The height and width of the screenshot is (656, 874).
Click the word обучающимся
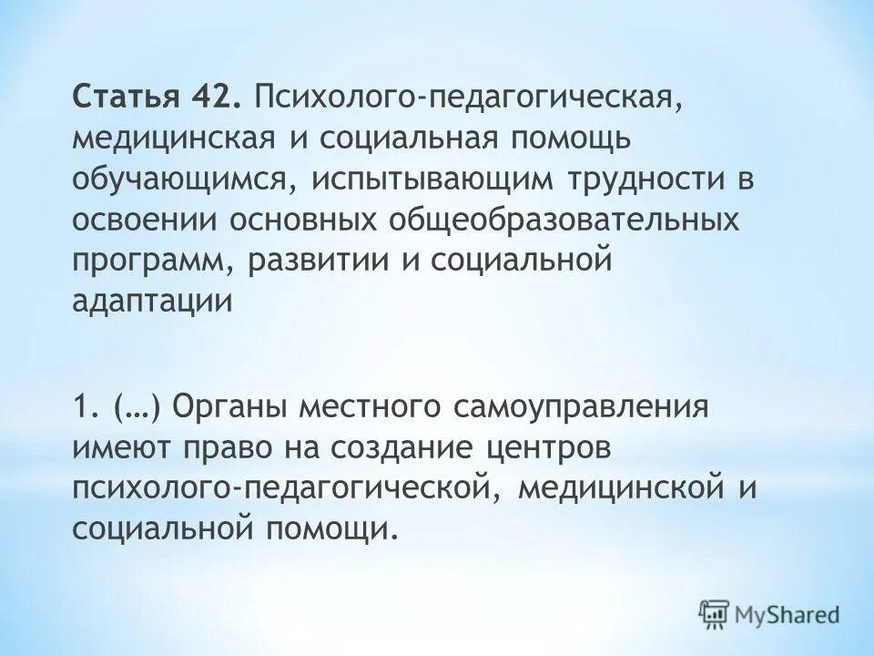pyautogui.click(x=182, y=179)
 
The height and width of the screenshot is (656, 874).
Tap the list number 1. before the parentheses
pyautogui.click(x=87, y=405)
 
